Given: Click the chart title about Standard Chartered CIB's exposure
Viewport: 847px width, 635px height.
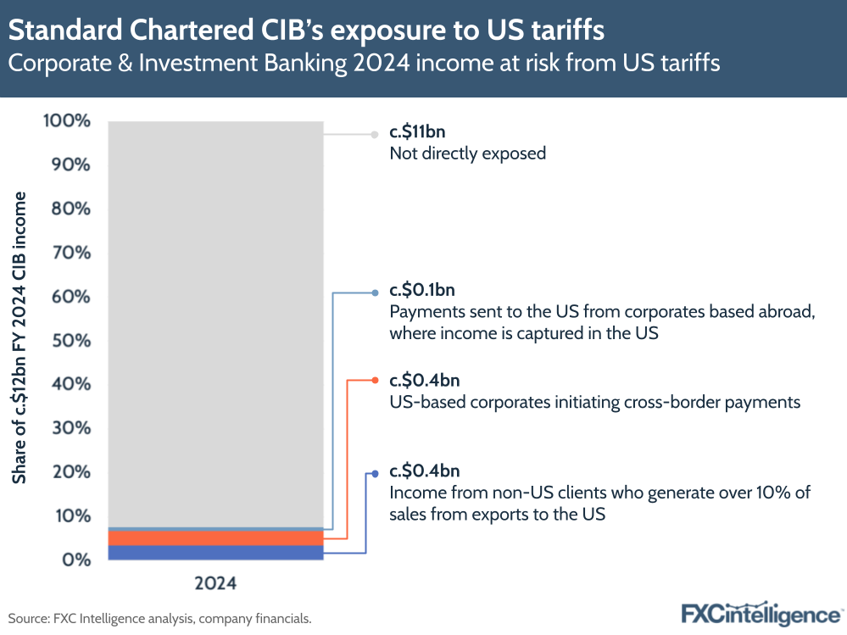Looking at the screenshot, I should pyautogui.click(x=306, y=31).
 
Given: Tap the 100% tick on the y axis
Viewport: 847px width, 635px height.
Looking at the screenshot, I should pyautogui.click(x=66, y=120).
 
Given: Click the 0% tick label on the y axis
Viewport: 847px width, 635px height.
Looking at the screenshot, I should pyautogui.click(x=75, y=560).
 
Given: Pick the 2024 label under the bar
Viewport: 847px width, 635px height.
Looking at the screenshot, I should pyautogui.click(x=215, y=583).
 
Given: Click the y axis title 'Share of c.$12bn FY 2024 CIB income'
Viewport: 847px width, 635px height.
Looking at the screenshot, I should pyautogui.click(x=19, y=337).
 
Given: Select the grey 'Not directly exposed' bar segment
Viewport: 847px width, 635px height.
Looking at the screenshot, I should pyautogui.click(x=215, y=322).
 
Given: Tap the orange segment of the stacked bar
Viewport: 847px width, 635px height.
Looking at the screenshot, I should pyautogui.click(x=215, y=538).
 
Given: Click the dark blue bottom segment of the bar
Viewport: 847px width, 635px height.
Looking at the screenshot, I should pyautogui.click(x=215, y=553).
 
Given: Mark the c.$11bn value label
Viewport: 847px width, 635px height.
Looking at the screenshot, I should pyautogui.click(x=417, y=133).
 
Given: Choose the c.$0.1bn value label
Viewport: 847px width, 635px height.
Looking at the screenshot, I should pyautogui.click(x=422, y=292).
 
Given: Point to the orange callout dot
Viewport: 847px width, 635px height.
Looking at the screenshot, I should pyautogui.click(x=375, y=381).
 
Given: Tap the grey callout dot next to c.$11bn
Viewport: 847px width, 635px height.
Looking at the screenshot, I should pyautogui.click(x=374, y=134).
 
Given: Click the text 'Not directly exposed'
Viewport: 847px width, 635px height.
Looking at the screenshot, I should pyautogui.click(x=467, y=154).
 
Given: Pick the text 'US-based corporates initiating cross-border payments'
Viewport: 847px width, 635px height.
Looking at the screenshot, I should pyautogui.click(x=594, y=403).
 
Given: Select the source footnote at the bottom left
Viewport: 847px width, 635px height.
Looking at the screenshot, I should pyautogui.click(x=160, y=619).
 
